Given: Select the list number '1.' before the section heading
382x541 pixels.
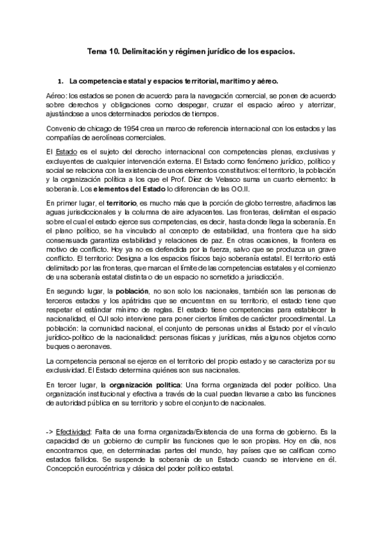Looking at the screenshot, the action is [61, 82].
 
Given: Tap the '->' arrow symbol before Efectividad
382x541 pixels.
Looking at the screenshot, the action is [34, 431].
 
